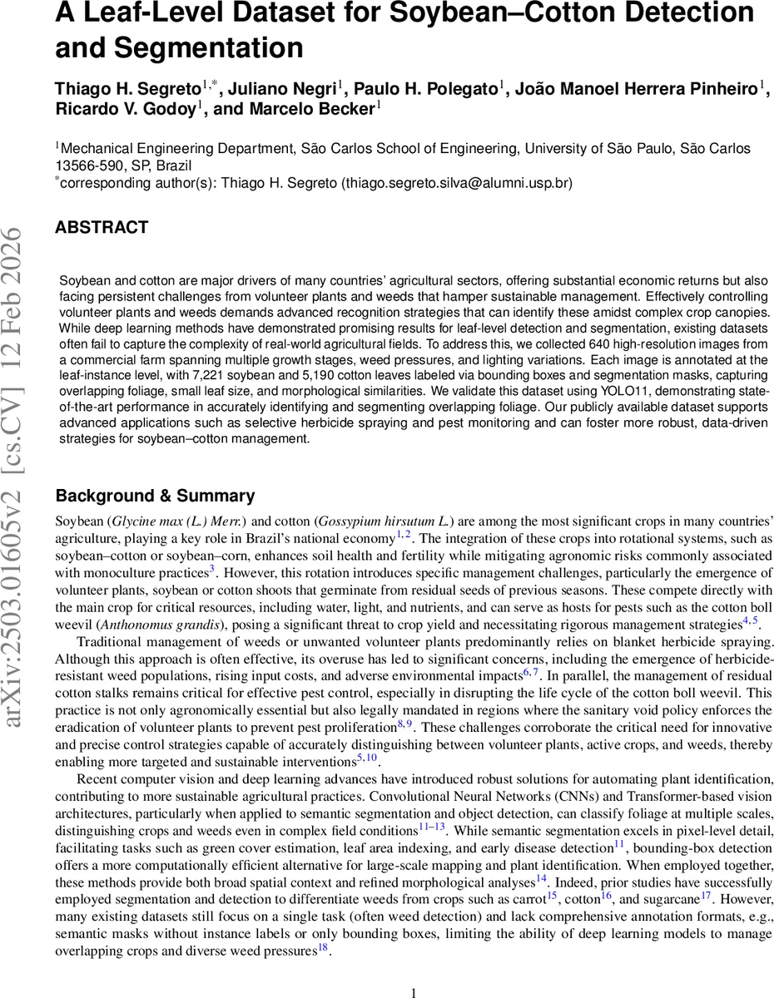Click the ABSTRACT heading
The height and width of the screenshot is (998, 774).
click(x=102, y=227)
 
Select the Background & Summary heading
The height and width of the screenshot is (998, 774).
click(x=155, y=496)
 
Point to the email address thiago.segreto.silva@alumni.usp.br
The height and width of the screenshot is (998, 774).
click(x=456, y=182)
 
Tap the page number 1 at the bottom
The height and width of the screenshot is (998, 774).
click(x=414, y=992)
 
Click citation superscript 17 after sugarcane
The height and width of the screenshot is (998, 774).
click(x=705, y=896)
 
